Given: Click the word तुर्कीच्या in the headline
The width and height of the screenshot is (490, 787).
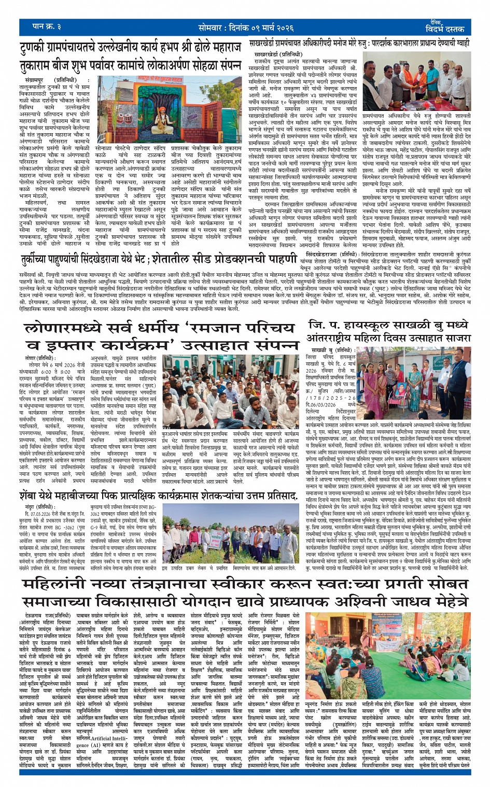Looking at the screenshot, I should point(39,260).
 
